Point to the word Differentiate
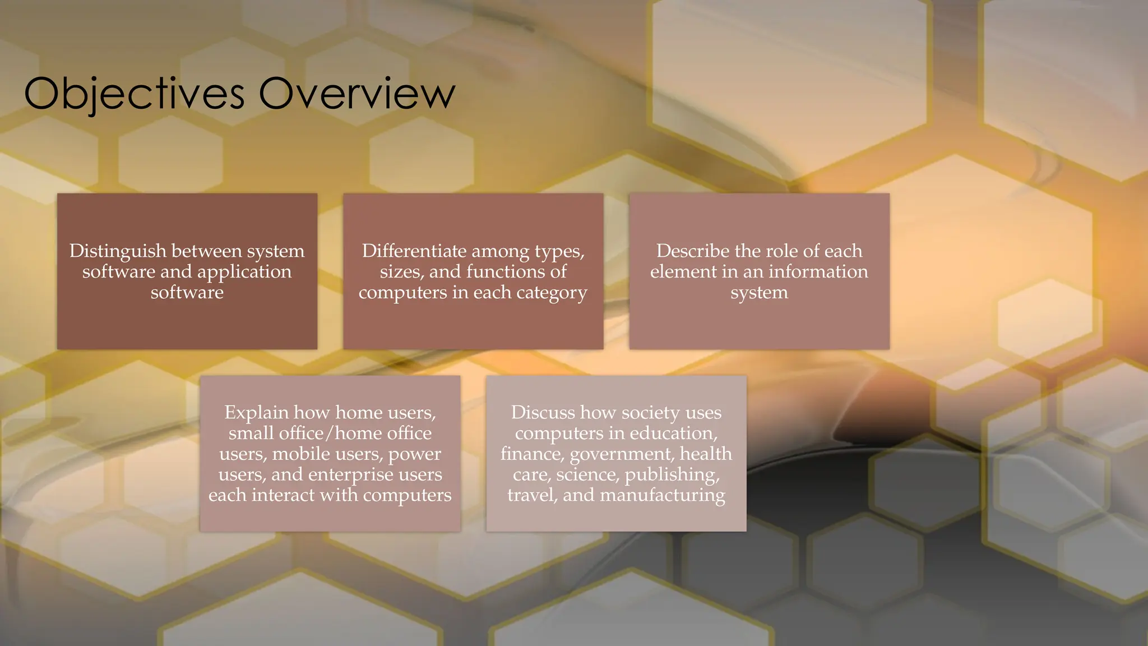[414, 251]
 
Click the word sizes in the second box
[401, 272]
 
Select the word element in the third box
[683, 272]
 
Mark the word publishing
[672, 475]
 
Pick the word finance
[532, 454]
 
